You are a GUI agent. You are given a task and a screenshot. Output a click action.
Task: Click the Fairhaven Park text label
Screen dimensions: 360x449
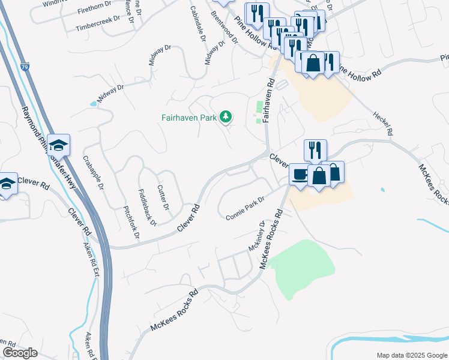click(x=188, y=118)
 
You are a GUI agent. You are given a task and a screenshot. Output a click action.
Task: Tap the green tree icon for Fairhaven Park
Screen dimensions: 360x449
click(x=226, y=116)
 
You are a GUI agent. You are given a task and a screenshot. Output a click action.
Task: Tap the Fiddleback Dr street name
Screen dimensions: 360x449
click(x=146, y=208)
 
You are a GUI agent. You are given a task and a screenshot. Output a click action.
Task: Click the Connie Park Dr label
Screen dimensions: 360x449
click(x=246, y=208)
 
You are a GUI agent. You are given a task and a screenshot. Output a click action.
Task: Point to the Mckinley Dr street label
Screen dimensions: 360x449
click(x=256, y=236)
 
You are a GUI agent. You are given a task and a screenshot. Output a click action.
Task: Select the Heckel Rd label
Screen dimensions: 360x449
click(x=382, y=122)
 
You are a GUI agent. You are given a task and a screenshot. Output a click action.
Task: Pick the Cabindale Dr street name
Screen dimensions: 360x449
click(x=197, y=24)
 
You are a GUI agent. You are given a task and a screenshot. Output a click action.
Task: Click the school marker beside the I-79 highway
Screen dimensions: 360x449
click(x=59, y=145)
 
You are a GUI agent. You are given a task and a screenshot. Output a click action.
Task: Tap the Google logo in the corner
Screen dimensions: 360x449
click(x=19, y=353)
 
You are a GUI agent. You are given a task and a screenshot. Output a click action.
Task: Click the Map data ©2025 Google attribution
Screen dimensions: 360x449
click(x=411, y=355)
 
